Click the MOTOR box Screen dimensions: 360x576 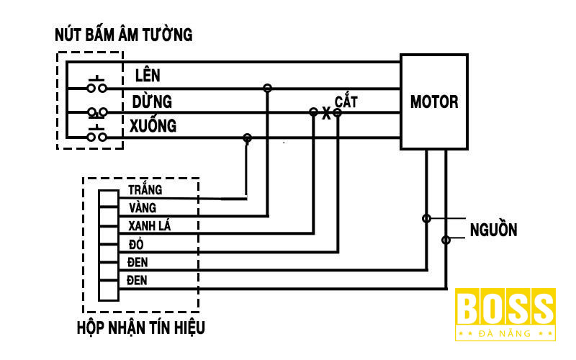pyautogui.click(x=433, y=102)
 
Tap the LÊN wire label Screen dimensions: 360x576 pyautogui.click(x=148, y=76)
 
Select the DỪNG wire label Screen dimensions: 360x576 pyautogui.click(x=151, y=101)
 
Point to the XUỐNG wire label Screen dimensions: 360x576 pyautogui.click(x=153, y=126)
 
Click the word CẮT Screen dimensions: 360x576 pyautogui.click(x=346, y=101)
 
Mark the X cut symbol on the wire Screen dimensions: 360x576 pyautogui.click(x=325, y=114)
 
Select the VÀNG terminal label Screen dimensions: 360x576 pyautogui.click(x=143, y=208)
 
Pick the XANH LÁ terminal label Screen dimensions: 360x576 pyautogui.click(x=149, y=226)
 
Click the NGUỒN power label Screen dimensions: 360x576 pyautogui.click(x=493, y=230)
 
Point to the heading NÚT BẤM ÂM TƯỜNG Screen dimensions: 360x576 pyautogui.click(x=124, y=35)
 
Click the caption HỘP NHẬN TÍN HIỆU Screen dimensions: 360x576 pyautogui.click(x=141, y=328)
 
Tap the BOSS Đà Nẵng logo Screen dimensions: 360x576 pyautogui.click(x=505, y=314)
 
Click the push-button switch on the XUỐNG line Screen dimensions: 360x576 pyautogui.click(x=97, y=135)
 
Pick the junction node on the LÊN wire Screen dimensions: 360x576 pyautogui.click(x=267, y=88)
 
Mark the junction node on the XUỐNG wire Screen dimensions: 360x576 pyautogui.click(x=247, y=137)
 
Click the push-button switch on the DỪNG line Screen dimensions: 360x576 pyautogui.click(x=97, y=112)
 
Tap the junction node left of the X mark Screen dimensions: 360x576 pyautogui.click(x=313, y=112)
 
